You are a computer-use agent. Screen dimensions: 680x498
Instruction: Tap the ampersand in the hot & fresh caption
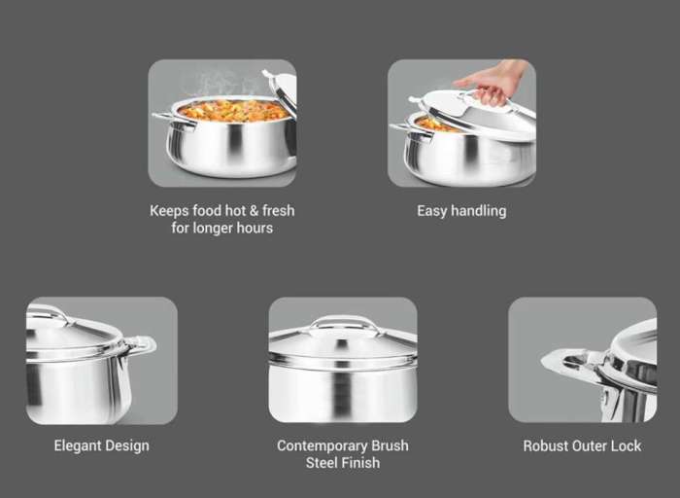(255, 210)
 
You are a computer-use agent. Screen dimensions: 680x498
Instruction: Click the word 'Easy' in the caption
(432, 211)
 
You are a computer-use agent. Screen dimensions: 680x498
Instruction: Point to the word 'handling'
(479, 211)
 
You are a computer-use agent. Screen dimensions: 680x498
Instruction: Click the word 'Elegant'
(78, 445)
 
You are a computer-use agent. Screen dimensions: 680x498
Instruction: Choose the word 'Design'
(127, 445)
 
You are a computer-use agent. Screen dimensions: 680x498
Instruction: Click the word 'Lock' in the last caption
(626, 445)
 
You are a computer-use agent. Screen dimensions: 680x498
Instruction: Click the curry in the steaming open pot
(233, 111)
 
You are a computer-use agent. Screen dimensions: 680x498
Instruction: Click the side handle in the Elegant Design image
(140, 344)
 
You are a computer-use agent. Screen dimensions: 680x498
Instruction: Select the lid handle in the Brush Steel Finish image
(343, 324)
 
